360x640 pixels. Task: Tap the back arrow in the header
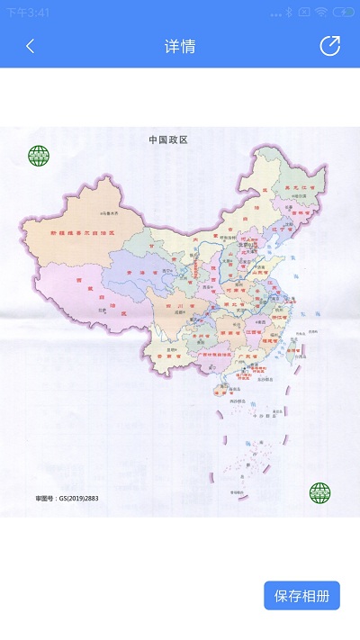[30, 46]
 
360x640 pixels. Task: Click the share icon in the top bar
[330, 46]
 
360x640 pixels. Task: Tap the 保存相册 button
[301, 596]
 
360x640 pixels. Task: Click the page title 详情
[180, 47]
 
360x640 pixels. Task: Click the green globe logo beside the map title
[39, 157]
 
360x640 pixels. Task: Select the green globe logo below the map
[319, 492]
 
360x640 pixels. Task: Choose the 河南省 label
[236, 291]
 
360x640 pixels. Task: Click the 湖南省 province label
[229, 333]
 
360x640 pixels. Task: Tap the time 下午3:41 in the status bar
[28, 13]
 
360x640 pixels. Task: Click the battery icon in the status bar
[343, 13]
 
